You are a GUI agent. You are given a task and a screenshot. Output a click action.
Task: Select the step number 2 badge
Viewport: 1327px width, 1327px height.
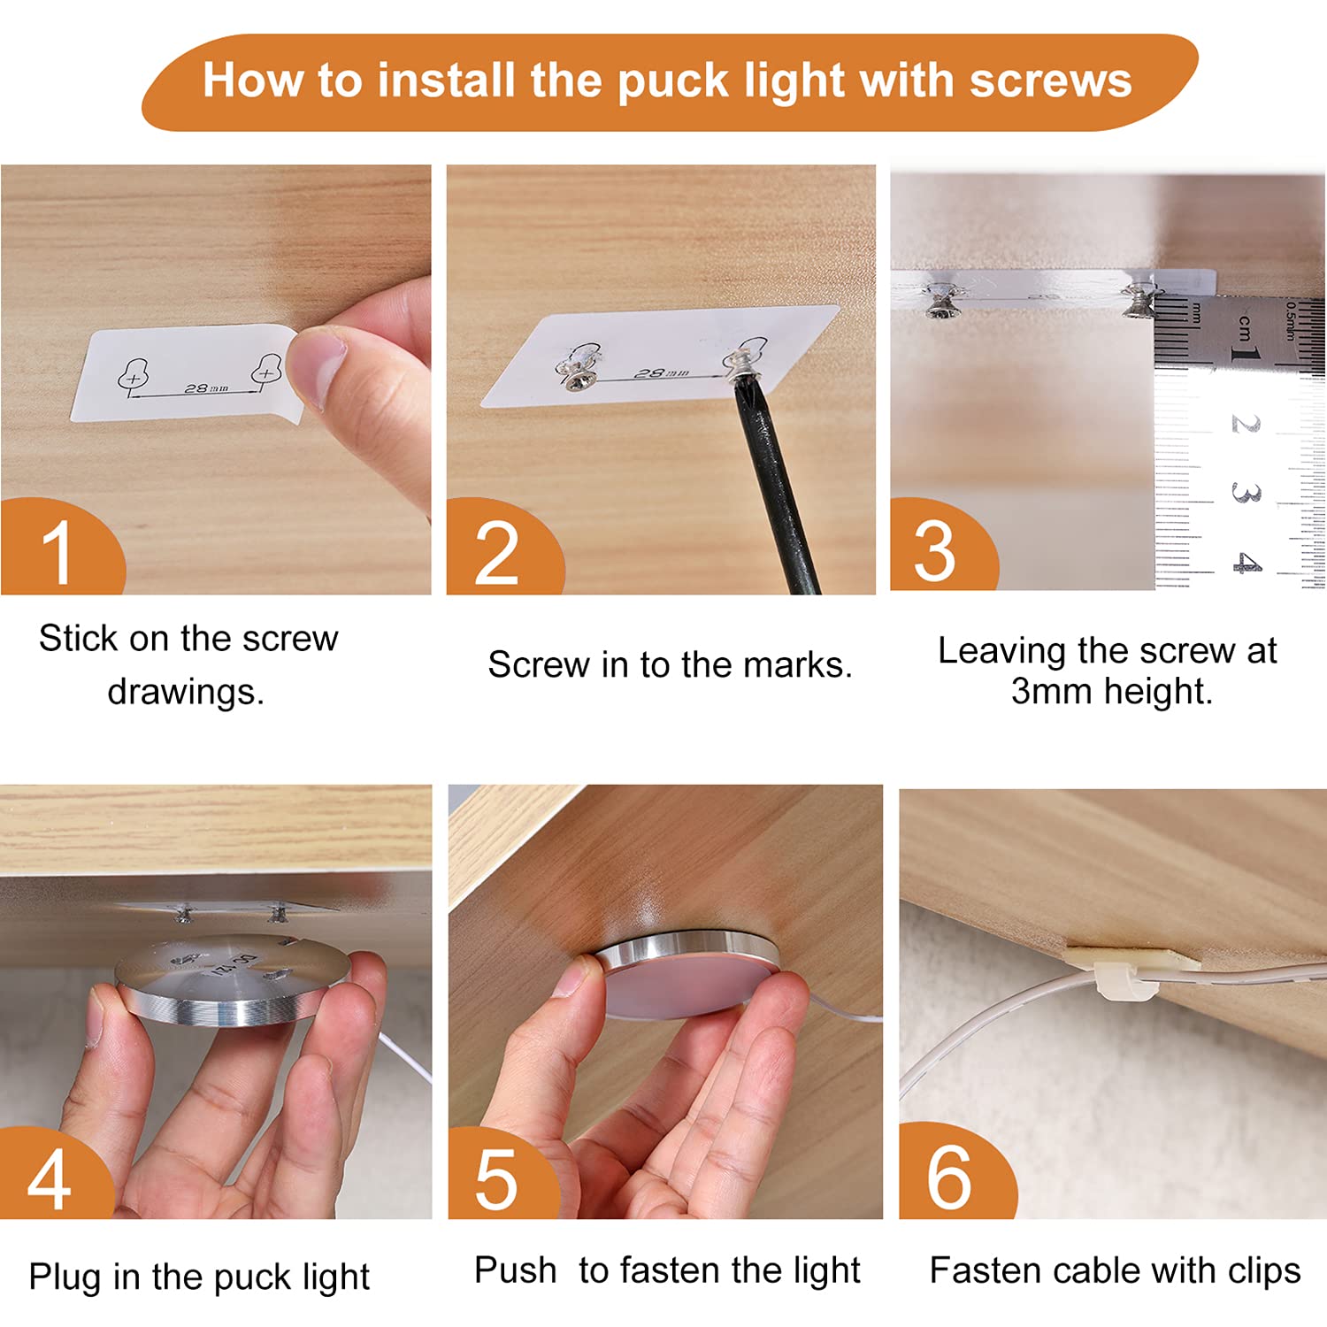(502, 547)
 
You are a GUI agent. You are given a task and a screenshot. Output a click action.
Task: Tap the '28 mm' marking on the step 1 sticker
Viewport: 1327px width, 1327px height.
(205, 387)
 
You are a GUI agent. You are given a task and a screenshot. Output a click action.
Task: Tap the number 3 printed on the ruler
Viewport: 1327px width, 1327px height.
(1246, 493)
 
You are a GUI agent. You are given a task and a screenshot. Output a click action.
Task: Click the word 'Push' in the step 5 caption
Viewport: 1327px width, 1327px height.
(515, 1270)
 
